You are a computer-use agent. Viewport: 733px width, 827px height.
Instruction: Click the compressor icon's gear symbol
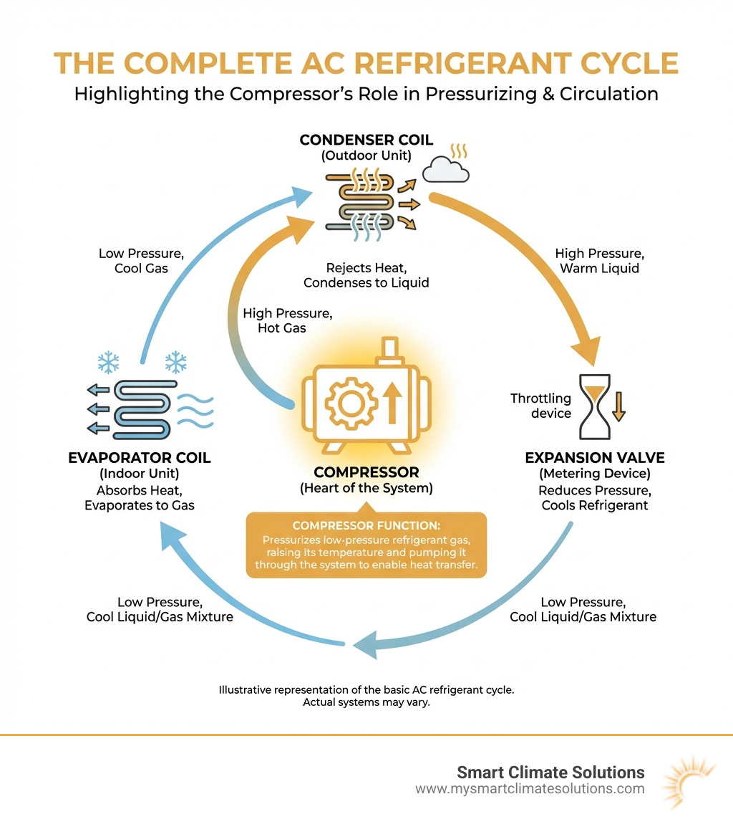pos(350,403)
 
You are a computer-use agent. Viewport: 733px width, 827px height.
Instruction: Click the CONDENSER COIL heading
pos(366,140)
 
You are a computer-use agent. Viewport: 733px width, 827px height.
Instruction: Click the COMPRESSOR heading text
pos(366,473)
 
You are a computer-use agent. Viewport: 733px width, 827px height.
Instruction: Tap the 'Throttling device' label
pos(540,406)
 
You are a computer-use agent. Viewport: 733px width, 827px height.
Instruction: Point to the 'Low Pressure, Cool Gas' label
pos(133,261)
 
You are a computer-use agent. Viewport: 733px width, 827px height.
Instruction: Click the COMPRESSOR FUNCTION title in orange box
pos(366,525)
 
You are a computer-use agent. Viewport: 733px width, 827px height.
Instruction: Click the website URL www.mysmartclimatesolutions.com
pos(530,789)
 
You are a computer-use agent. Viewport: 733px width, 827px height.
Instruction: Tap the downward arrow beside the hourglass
pos(618,406)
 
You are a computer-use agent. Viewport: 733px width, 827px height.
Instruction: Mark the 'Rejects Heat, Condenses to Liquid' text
pos(366,275)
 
